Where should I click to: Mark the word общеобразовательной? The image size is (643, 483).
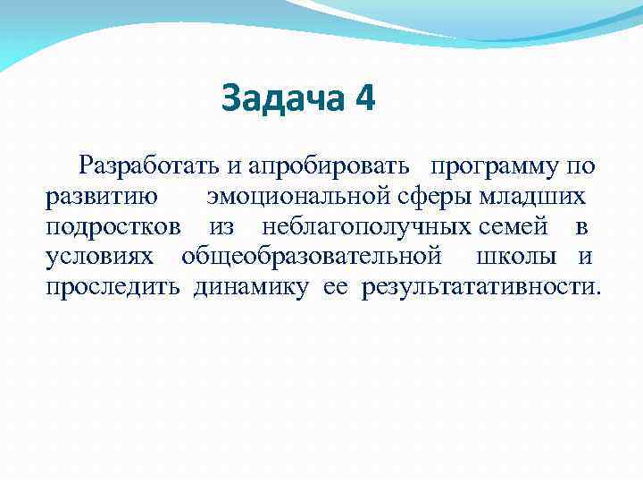point(312,257)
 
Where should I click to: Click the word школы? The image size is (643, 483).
point(517,257)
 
